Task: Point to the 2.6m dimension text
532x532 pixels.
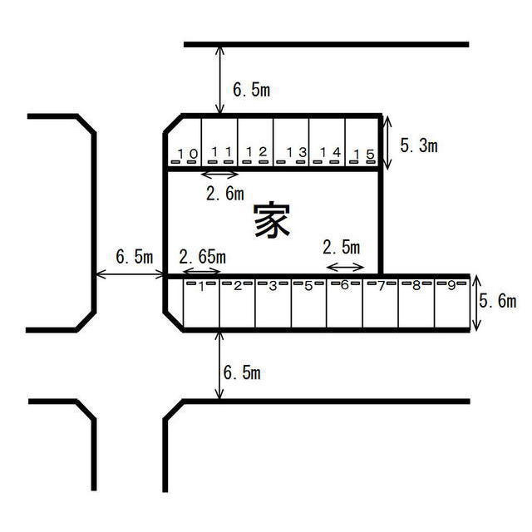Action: tap(224, 194)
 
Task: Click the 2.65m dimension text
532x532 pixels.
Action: tap(202, 255)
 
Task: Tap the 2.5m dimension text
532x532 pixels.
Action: tap(341, 247)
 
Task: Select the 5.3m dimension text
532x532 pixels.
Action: tap(419, 146)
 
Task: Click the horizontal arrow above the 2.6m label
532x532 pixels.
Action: tap(220, 174)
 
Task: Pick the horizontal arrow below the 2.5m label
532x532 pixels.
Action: tap(345, 267)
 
